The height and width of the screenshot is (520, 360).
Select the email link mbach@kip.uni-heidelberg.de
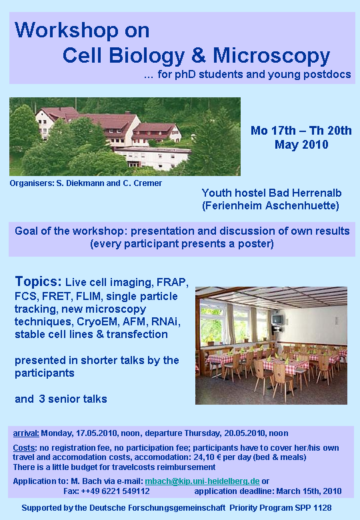pos(202,481)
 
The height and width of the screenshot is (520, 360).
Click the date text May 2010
pos(301,145)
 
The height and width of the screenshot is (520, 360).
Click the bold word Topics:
pos(38,281)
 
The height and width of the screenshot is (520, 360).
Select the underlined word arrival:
pos(26,433)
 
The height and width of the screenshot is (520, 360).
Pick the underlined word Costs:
pos(25,448)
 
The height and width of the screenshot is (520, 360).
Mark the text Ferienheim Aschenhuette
pos(271,205)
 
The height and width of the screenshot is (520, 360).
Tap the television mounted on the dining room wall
pos(277,320)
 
